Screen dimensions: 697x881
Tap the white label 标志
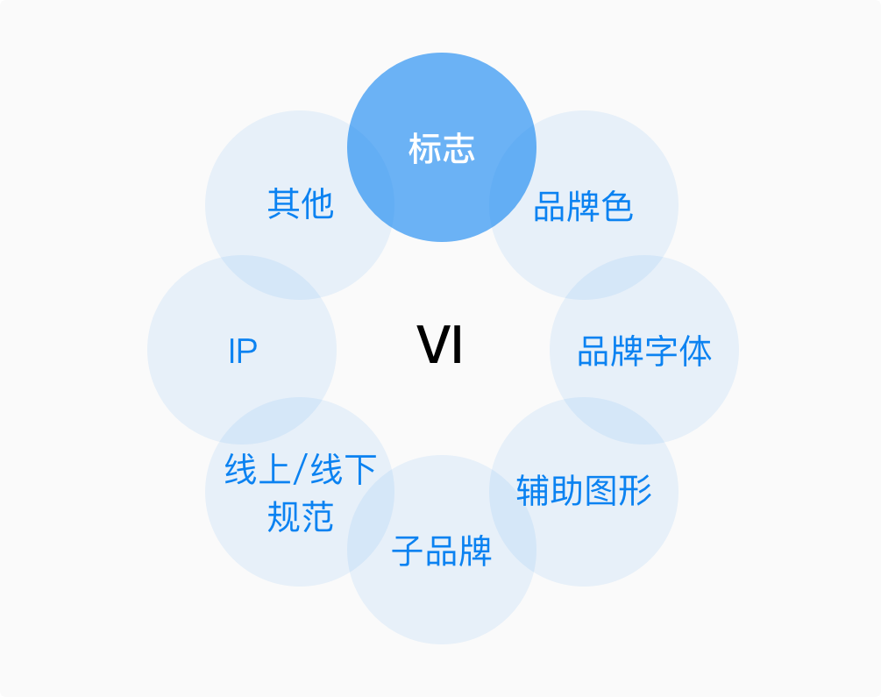coord(442,148)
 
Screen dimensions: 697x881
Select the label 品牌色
coord(583,208)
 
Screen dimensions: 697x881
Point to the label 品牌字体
coord(644,351)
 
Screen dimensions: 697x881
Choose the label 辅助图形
coord(584,490)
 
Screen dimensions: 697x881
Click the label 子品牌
coord(442,551)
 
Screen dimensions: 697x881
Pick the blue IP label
coord(242,352)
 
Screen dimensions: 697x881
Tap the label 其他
coord(300,204)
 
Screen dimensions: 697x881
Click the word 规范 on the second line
coord(300,517)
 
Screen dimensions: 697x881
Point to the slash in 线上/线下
coord(300,471)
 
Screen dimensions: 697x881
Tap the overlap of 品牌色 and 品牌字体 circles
coord(614,277)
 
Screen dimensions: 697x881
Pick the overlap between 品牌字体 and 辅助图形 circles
coord(614,421)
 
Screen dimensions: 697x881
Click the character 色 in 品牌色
coord(617,208)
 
